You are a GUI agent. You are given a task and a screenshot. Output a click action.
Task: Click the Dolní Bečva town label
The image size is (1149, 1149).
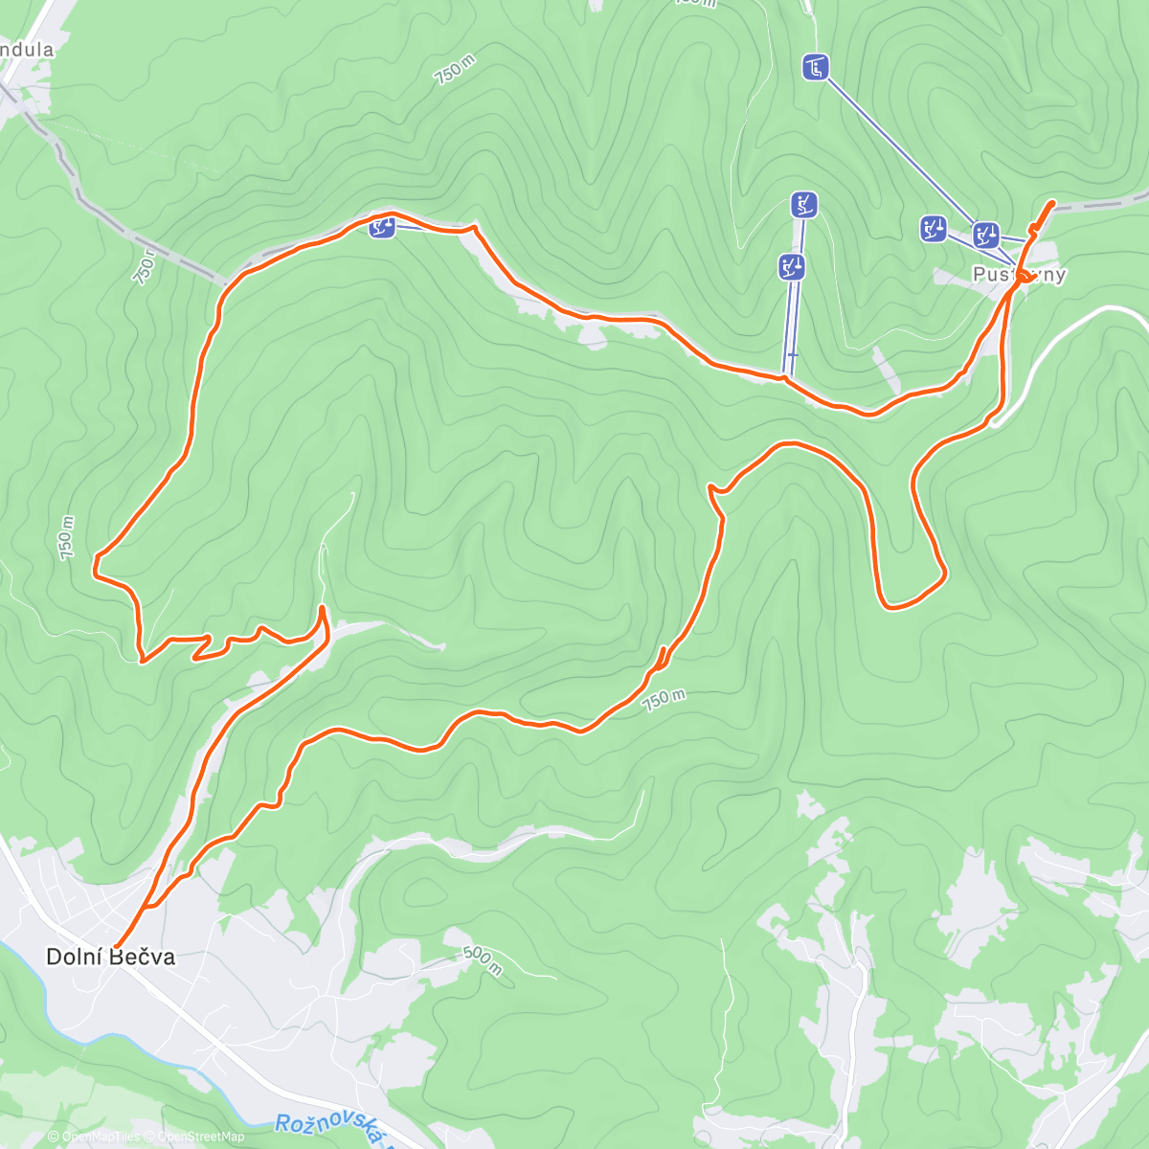[x=111, y=957]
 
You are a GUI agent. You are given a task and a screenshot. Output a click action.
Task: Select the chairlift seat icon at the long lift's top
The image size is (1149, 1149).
[x=815, y=67]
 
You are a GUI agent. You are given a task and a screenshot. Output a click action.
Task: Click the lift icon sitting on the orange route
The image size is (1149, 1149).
[x=382, y=227]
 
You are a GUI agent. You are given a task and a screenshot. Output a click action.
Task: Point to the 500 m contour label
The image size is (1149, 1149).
[x=482, y=960]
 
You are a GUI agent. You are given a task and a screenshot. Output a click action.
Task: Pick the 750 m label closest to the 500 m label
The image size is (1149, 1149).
[x=664, y=700]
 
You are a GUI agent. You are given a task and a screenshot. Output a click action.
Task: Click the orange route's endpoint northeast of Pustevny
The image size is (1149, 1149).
[x=1053, y=203]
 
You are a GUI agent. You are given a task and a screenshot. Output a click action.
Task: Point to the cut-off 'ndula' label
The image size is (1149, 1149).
[x=26, y=50]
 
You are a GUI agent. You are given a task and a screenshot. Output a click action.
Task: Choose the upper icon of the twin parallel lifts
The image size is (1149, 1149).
[x=804, y=204]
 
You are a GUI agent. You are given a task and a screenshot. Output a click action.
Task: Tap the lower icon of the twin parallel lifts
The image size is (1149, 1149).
[x=792, y=267]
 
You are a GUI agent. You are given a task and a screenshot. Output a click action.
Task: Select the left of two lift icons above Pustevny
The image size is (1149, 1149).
[x=934, y=228]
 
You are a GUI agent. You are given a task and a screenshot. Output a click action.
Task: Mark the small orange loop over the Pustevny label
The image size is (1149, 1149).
[x=1026, y=277]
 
